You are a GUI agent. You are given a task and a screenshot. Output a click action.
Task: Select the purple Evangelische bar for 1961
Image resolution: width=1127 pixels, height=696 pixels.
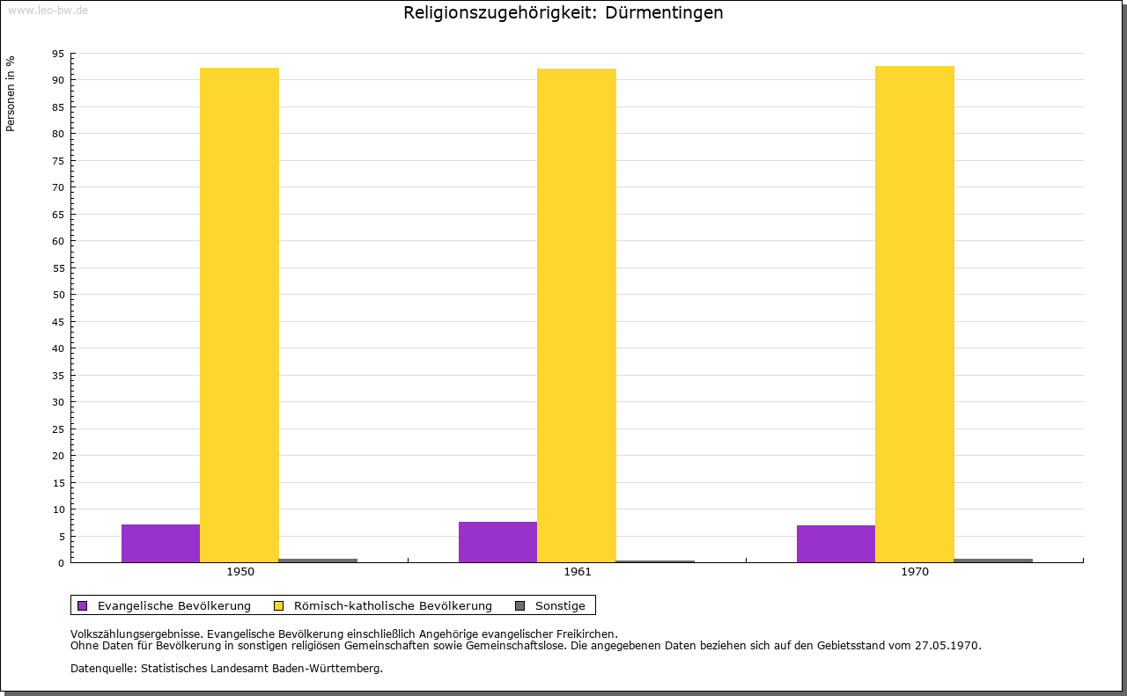(497, 542)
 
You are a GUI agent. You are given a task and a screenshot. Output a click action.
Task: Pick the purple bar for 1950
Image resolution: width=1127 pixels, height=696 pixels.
(160, 543)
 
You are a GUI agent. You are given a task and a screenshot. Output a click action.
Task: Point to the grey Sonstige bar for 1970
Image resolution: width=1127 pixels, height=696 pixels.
(992, 560)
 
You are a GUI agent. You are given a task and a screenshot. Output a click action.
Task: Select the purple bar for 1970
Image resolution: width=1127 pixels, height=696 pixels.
(836, 544)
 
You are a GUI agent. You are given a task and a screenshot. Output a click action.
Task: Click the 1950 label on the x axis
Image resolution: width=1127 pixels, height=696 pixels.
(240, 572)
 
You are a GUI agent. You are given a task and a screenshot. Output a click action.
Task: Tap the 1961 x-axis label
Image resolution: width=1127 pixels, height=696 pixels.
(578, 572)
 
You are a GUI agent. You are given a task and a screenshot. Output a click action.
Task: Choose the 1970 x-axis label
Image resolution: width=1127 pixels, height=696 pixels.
(915, 572)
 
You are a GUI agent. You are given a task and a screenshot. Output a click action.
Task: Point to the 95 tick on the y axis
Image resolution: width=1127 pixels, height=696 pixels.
(58, 54)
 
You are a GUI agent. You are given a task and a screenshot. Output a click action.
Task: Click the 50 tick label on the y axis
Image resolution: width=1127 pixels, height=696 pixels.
(58, 295)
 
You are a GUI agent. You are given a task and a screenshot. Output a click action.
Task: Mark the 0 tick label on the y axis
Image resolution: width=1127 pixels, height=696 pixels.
(62, 563)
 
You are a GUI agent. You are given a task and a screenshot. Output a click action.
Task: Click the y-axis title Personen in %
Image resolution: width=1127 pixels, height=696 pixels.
(11, 93)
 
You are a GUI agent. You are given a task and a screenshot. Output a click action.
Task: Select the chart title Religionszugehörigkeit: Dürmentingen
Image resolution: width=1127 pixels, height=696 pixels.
(563, 13)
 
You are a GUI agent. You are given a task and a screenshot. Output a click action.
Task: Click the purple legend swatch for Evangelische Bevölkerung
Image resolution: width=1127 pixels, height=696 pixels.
(83, 605)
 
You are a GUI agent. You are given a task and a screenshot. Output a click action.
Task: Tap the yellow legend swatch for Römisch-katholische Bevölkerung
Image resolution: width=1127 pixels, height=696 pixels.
(278, 605)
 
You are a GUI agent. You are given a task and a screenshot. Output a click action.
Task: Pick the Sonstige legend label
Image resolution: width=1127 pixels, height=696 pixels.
(560, 605)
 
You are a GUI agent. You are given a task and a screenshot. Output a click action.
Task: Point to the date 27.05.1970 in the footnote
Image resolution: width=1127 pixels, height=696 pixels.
(947, 645)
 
